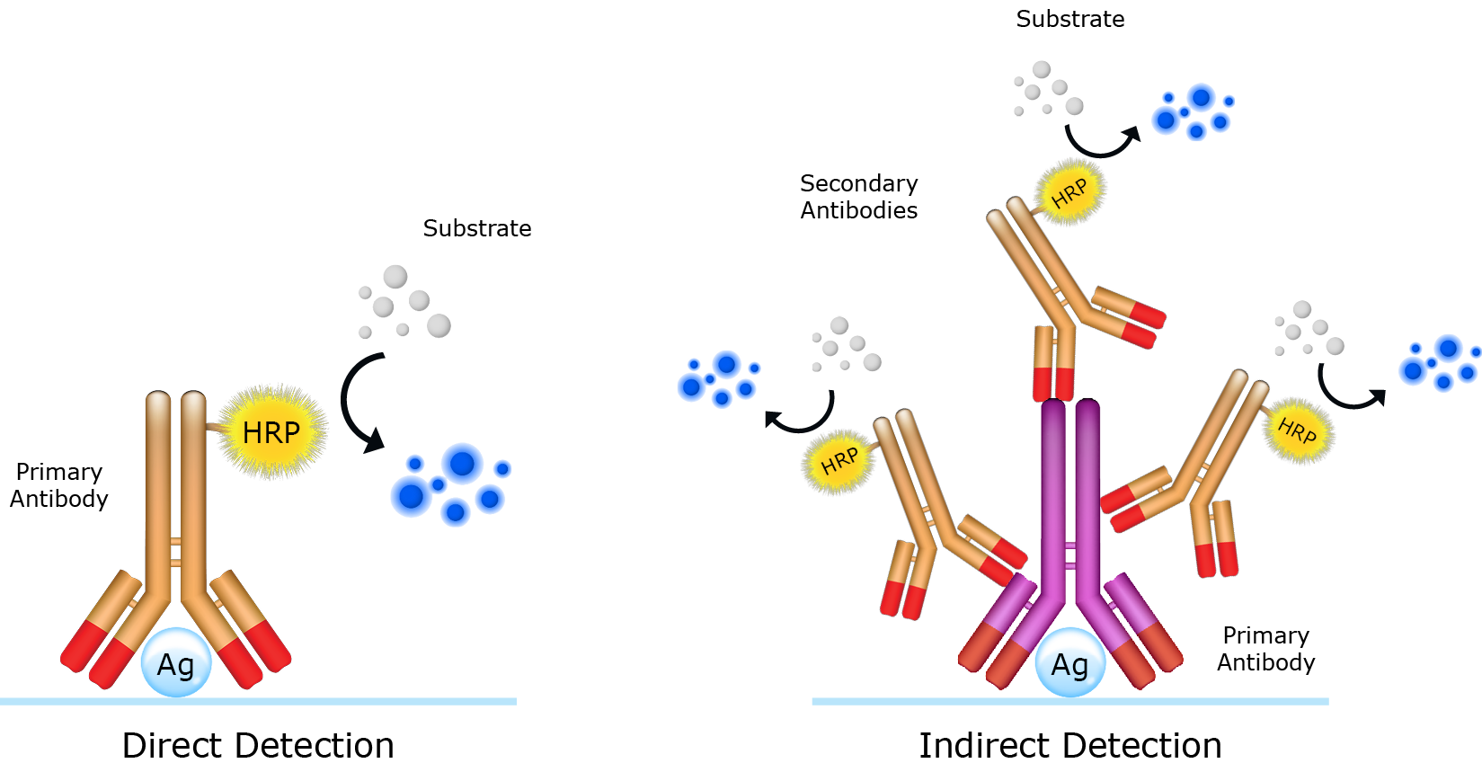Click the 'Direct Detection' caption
pos(258,745)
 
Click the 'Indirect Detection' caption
pos(1069,745)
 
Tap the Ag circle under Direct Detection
pos(176,664)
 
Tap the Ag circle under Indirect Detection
pos(1069,664)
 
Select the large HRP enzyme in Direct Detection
pos(271,432)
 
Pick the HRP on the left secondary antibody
pos(839,461)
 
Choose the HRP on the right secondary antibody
pos(1297,430)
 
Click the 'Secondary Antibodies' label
pos(858,197)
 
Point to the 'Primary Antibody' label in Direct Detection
pos(59,485)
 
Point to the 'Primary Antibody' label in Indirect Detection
pos(1265,649)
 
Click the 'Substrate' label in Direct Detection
pos(476,228)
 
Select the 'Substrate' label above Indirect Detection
pos(1069,19)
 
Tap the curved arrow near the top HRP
pos(1102,144)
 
